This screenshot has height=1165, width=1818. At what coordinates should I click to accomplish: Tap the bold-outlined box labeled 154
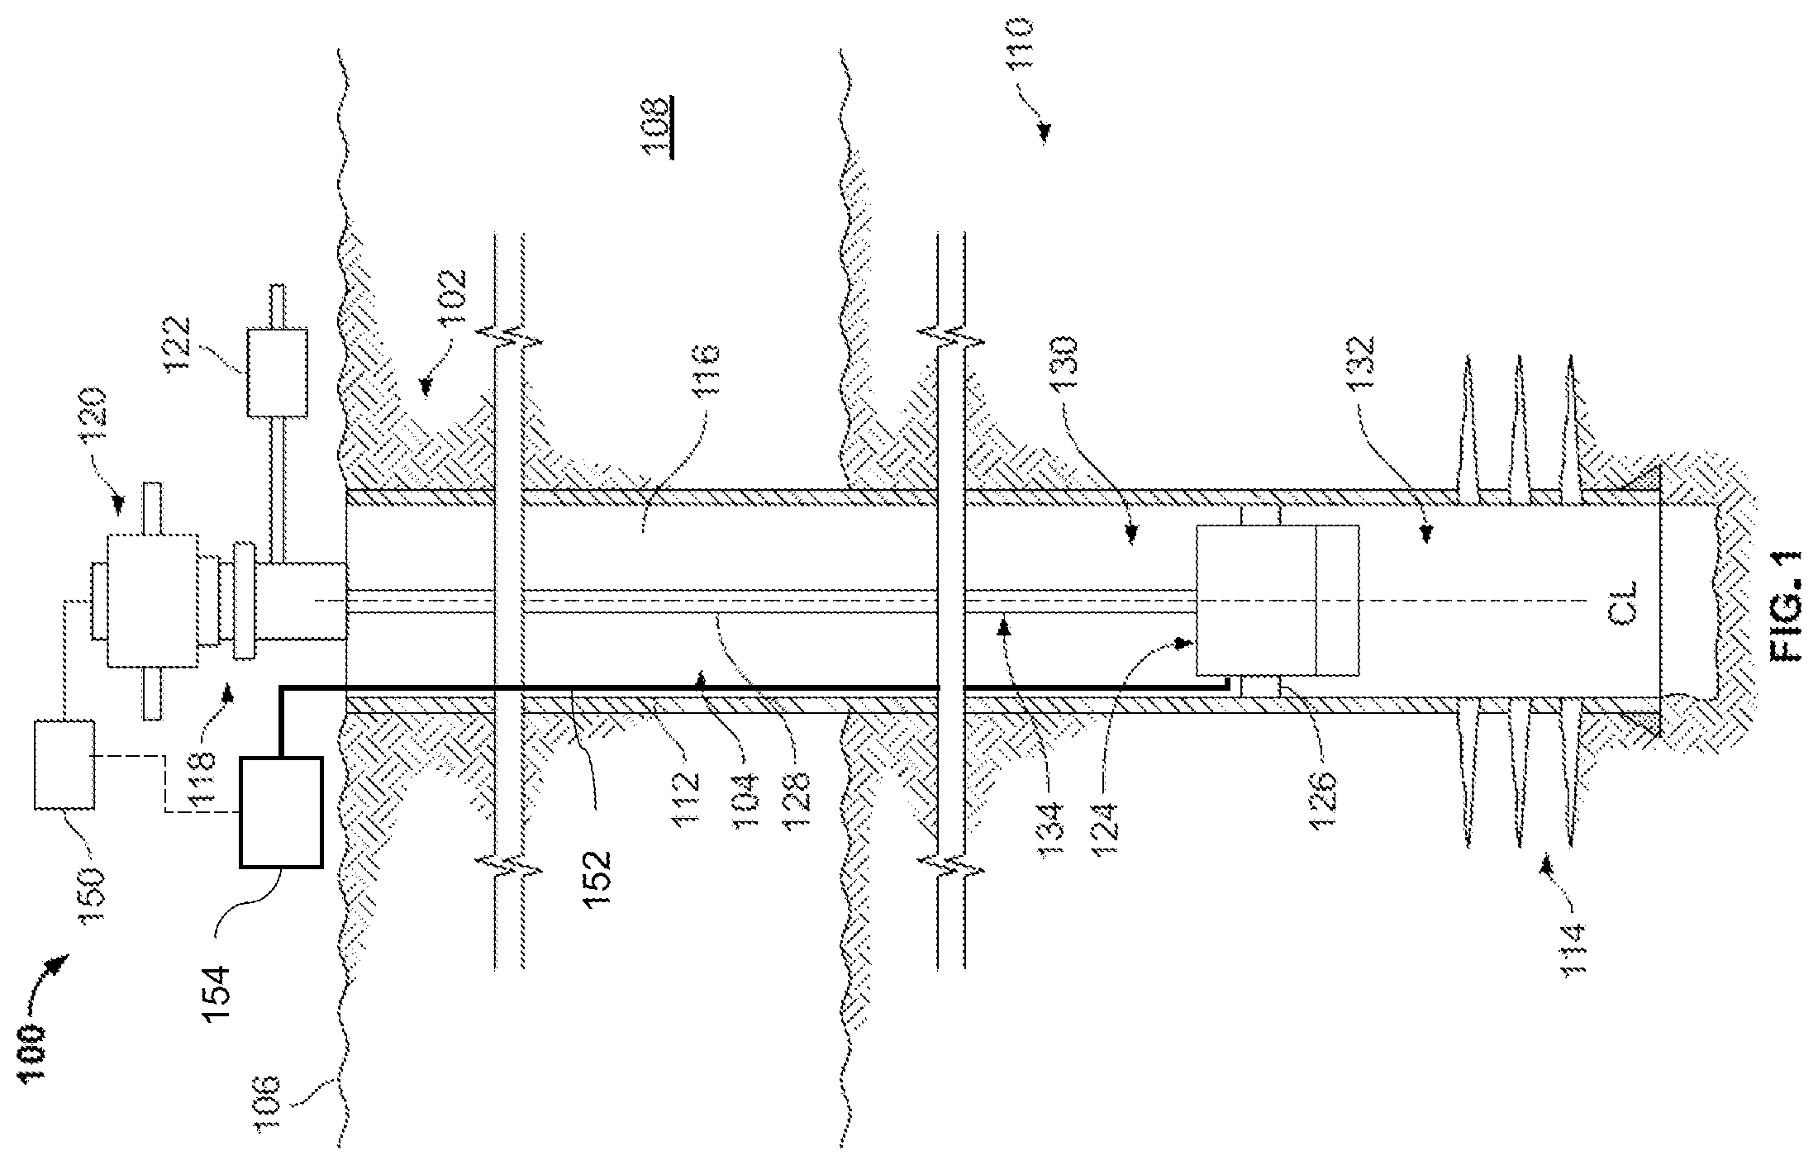pos(281,811)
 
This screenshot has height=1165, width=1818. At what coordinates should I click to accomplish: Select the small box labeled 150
pos(64,764)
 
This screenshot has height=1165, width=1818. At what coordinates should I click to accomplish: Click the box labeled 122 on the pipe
pos(277,372)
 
